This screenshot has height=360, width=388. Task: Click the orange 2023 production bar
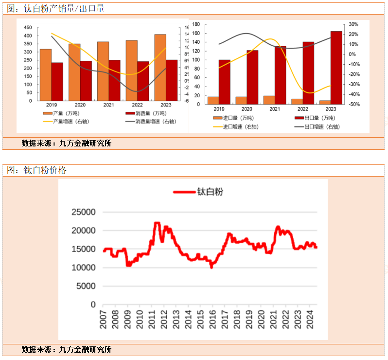click(x=160, y=68)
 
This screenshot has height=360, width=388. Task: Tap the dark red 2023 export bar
click(x=336, y=68)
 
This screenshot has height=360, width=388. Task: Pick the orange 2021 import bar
click(x=269, y=100)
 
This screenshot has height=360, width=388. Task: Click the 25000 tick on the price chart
click(x=84, y=212)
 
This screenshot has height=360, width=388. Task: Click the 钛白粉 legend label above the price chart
click(x=210, y=192)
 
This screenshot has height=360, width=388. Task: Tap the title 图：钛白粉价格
click(x=36, y=170)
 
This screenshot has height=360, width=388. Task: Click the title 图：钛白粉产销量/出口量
click(x=55, y=9)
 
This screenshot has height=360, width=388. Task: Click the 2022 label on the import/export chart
click(x=302, y=109)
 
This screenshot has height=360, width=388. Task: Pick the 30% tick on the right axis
click(x=353, y=24)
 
